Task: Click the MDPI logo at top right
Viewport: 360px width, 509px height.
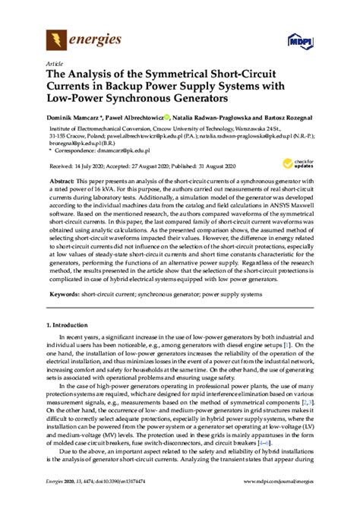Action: (x=297, y=39)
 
